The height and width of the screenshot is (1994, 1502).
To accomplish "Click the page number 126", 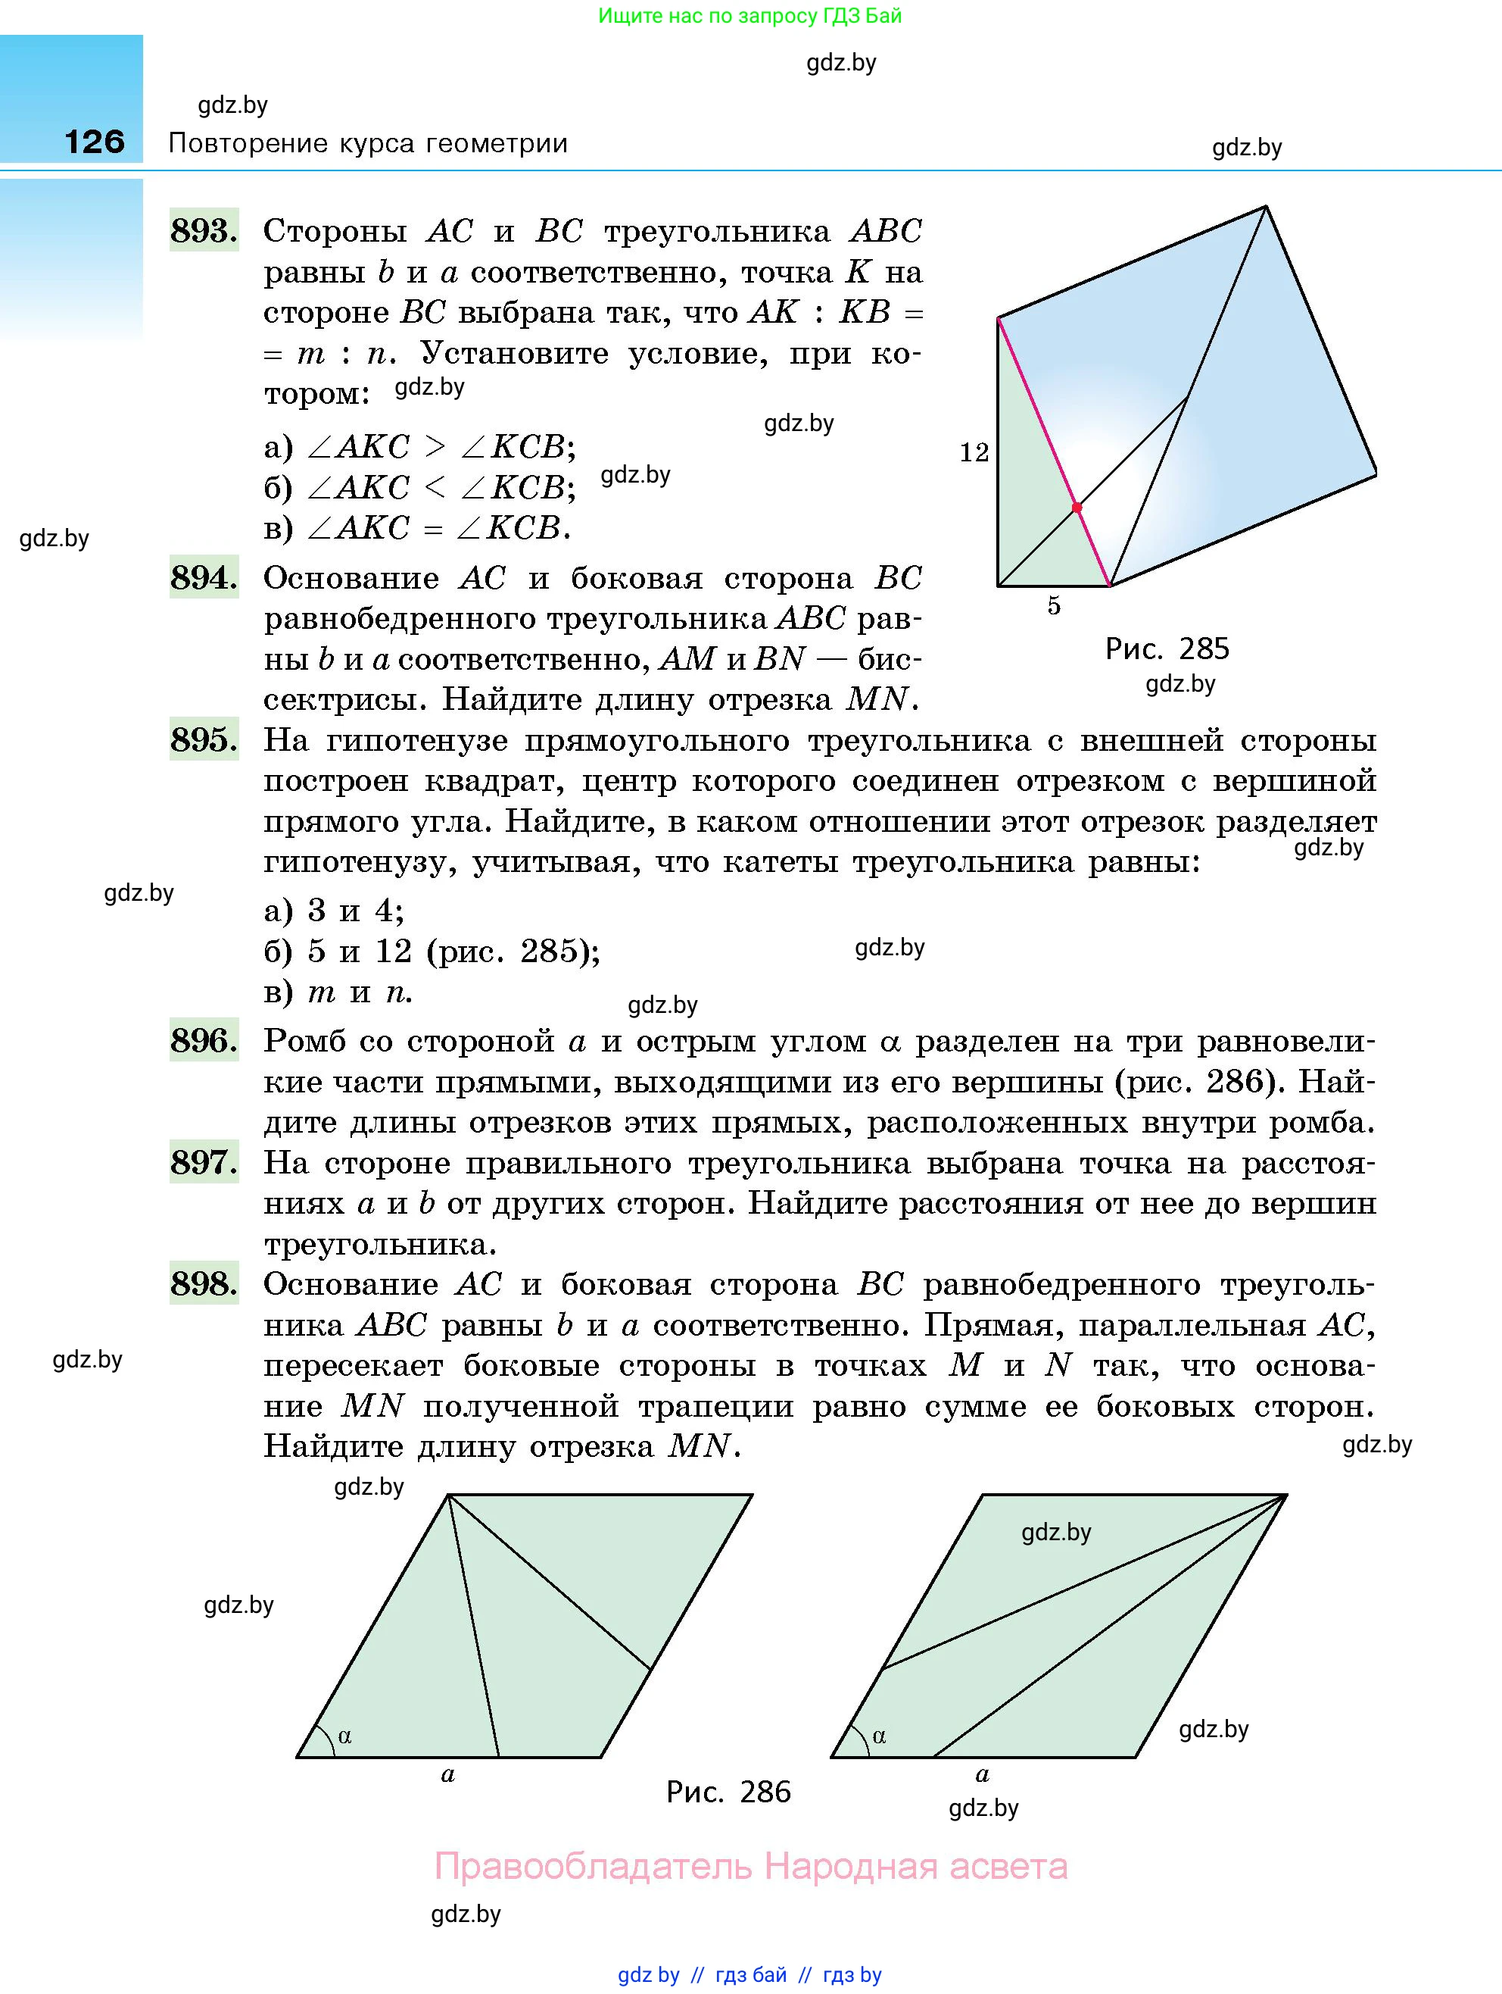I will (95, 142).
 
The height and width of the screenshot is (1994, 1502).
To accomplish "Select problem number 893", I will (204, 231).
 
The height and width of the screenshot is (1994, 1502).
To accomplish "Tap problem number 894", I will (204, 577).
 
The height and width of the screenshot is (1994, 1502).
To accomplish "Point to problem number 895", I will (204, 739).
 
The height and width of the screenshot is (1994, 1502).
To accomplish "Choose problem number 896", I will (204, 1040).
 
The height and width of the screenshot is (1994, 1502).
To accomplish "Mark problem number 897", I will (204, 1162).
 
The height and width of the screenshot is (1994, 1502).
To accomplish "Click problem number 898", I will (204, 1283).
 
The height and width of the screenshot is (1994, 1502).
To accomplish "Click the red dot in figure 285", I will (1077, 508).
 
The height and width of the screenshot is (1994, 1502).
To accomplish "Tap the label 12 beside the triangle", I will (974, 452).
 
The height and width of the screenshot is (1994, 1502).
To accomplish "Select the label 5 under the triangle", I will (1053, 606).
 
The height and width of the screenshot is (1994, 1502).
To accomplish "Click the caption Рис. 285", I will (1167, 649).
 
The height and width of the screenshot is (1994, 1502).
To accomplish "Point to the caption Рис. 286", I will (728, 1791).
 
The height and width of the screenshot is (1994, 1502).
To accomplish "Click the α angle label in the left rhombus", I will (344, 1736).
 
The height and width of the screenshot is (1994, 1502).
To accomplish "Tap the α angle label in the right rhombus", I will (880, 1736).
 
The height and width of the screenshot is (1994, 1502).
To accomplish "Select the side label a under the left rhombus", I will (448, 1775).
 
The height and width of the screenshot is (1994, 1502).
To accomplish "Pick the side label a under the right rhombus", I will (982, 1775).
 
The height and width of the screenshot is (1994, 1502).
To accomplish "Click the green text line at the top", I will (749, 16).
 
